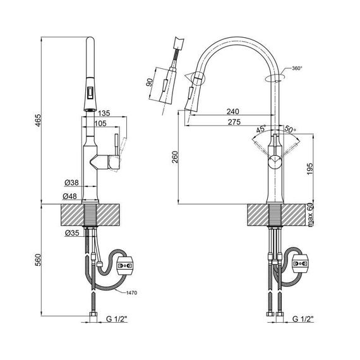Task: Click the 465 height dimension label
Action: [38, 120]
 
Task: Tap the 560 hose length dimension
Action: [38, 260]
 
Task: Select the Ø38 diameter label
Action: [71, 183]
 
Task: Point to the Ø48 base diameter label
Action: [69, 196]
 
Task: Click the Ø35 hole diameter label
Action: [72, 233]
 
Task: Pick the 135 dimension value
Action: [104, 113]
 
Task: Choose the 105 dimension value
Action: [100, 124]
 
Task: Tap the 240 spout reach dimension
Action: [233, 112]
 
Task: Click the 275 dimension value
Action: [234, 122]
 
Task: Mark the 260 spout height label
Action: [175, 157]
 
